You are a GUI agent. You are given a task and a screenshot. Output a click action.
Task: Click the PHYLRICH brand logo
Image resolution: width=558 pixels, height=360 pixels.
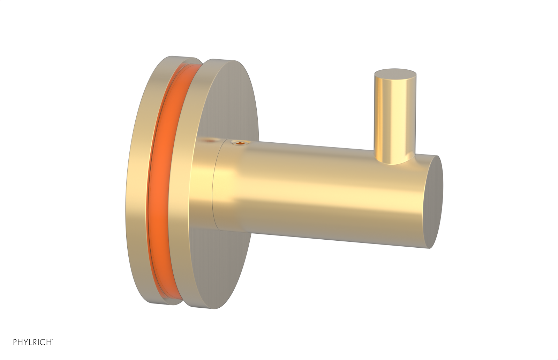[x=33, y=342]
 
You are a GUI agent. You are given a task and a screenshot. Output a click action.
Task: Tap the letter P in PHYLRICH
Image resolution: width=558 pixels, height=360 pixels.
[x=15, y=342]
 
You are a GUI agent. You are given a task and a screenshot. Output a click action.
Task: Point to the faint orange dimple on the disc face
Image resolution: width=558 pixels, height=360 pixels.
[x=209, y=141]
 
